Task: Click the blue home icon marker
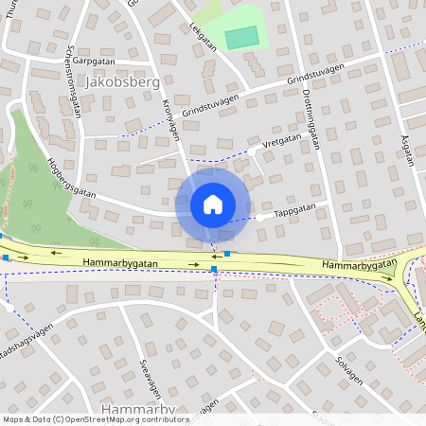pyautogui.click(x=213, y=204)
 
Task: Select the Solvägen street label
pyautogui.click(x=348, y=370)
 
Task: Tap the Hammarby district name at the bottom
pyautogui.click(x=138, y=409)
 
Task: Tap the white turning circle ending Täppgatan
pyautogui.click(x=259, y=218)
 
